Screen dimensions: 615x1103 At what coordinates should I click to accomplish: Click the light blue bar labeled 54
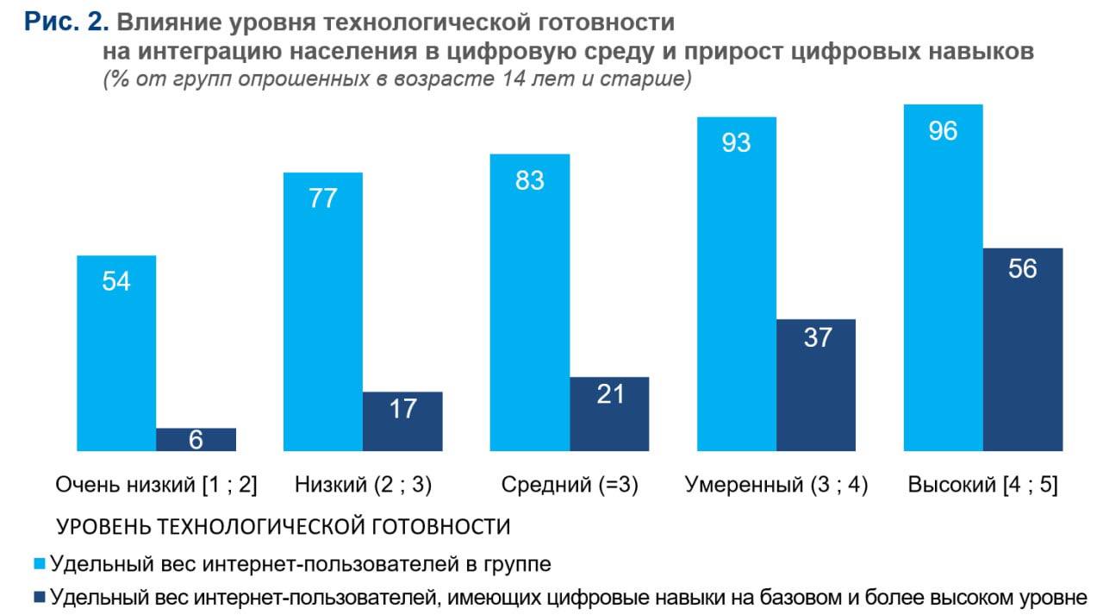(116, 354)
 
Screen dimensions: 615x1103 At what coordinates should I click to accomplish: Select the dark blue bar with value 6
(196, 439)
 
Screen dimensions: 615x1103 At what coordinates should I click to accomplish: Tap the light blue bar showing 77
(323, 311)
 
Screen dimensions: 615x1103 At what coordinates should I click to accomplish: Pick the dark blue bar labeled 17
(402, 421)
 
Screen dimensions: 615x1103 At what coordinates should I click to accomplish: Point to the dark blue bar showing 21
(609, 413)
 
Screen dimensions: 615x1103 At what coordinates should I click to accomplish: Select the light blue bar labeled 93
(737, 284)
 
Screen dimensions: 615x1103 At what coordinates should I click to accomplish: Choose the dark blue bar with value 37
(816, 385)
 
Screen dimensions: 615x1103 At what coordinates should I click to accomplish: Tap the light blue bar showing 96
(944, 277)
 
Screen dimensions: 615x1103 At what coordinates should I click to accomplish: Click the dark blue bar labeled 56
(1023, 348)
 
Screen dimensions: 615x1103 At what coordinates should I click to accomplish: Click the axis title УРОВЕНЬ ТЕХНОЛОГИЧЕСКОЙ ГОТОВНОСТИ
(284, 526)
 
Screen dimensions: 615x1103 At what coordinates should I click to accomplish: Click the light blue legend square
(40, 564)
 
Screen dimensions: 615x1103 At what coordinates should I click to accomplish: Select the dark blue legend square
(40, 596)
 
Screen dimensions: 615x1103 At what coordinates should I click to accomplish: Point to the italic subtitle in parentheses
(397, 80)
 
